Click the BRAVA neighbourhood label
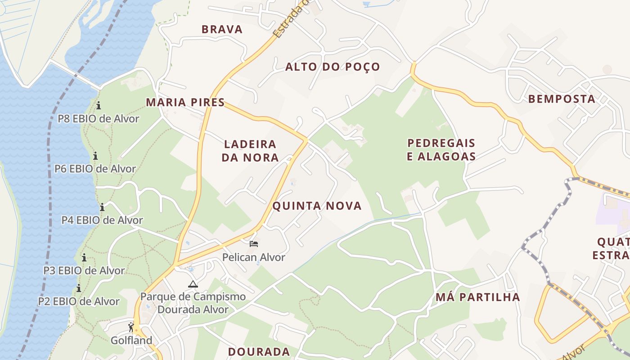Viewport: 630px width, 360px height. (222, 30)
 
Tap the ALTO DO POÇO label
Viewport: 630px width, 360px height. (333, 67)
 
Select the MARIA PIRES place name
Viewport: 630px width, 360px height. (185, 103)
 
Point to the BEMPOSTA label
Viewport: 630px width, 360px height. (561, 99)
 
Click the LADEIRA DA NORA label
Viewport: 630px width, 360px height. (250, 151)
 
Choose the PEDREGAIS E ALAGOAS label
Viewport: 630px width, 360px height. (441, 149)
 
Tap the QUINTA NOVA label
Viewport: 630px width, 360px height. (317, 206)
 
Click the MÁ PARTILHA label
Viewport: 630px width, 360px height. (477, 297)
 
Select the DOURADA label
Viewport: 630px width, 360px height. (259, 352)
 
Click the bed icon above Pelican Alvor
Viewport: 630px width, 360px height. (254, 244)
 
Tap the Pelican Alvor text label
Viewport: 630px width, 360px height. (254, 257)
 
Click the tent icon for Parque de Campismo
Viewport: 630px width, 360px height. (193, 284)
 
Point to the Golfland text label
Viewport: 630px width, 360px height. (131, 340)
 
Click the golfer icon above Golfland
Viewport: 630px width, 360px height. (131, 327)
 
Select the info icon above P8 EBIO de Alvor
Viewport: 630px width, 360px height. (99, 106)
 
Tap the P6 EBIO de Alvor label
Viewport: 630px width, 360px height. (95, 169)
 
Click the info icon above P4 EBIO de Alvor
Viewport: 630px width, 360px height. (102, 207)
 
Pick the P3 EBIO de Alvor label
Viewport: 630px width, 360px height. (84, 270)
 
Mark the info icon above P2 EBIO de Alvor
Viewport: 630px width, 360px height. (79, 288)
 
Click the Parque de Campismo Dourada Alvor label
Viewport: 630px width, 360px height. (193, 303)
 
